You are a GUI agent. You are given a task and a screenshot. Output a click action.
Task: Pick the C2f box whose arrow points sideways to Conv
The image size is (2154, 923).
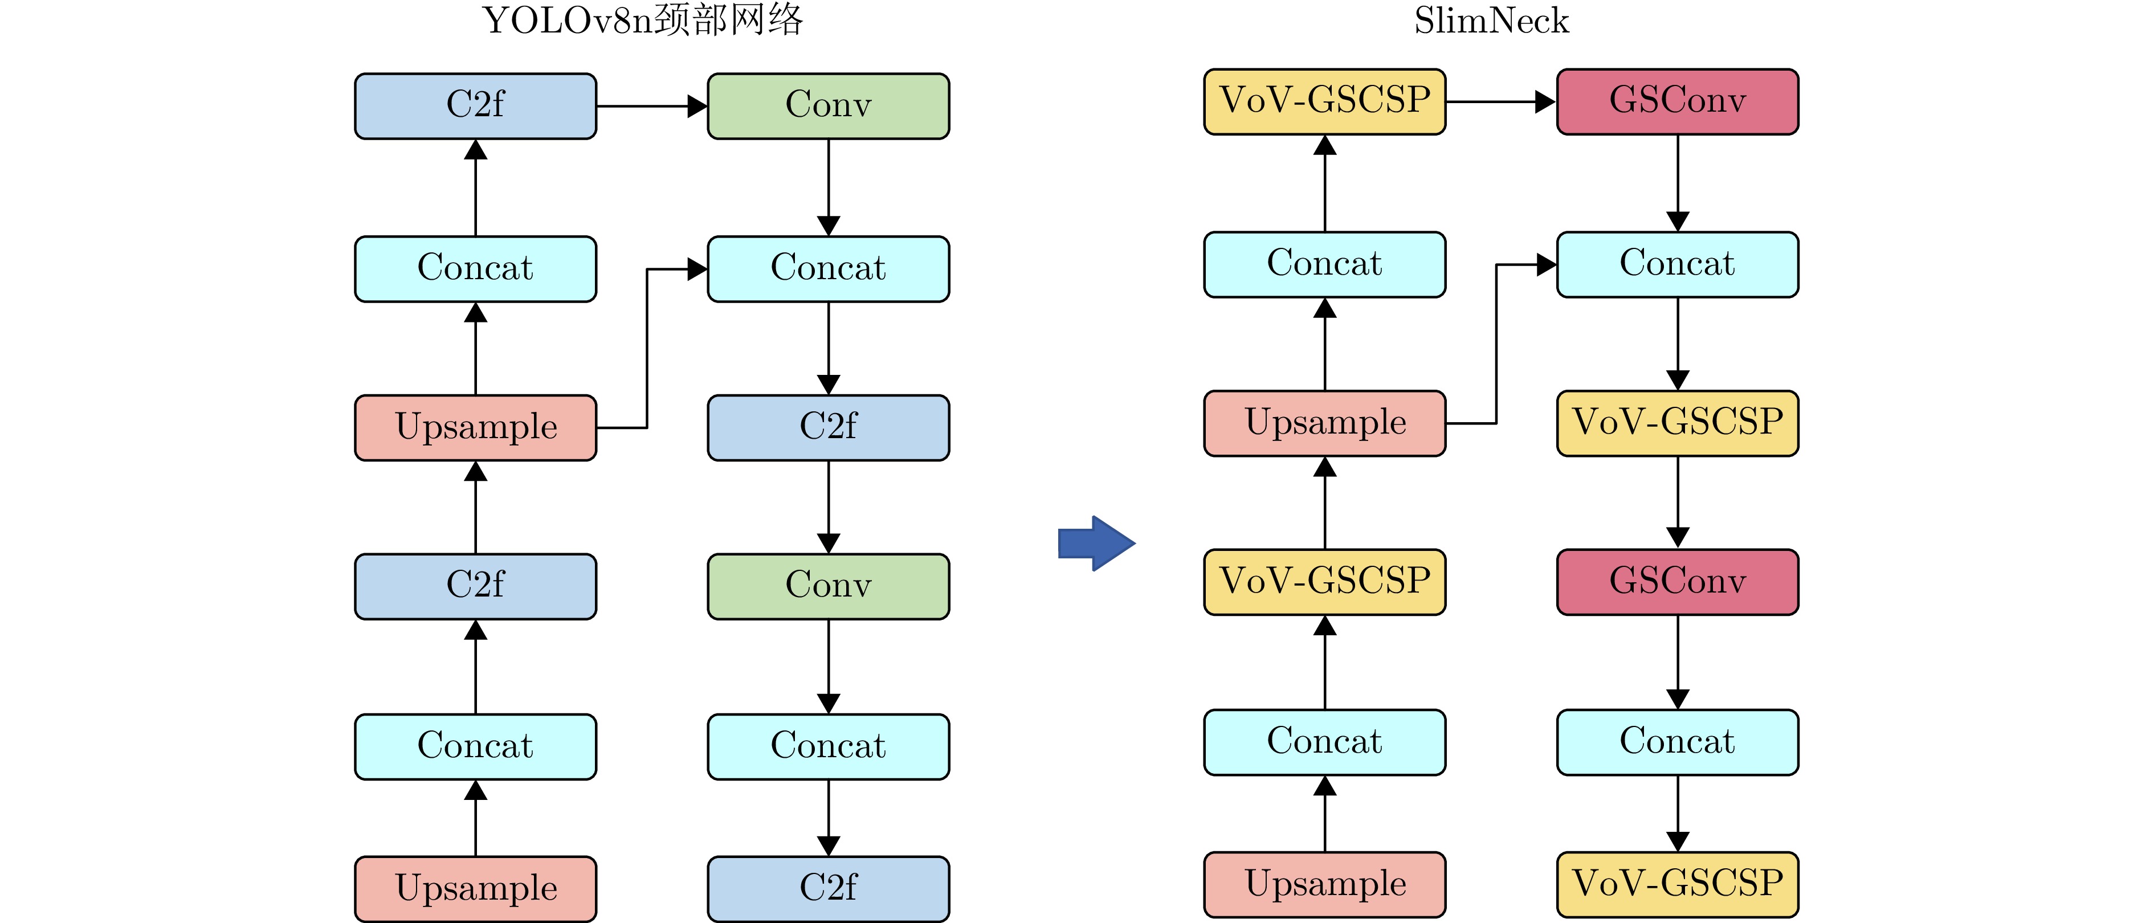(475, 106)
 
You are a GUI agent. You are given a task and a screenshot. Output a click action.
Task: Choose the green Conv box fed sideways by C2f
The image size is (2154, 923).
(828, 106)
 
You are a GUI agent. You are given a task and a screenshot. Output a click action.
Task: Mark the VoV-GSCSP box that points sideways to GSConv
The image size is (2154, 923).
(1324, 102)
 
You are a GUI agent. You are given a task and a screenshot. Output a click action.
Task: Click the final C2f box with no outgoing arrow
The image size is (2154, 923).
(828, 888)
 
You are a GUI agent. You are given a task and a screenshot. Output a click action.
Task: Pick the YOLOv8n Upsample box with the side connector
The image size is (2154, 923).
(475, 427)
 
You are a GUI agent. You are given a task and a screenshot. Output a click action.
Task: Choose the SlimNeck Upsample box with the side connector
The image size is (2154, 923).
(1324, 423)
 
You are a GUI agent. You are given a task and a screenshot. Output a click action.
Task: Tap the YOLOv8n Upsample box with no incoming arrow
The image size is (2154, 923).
(475, 888)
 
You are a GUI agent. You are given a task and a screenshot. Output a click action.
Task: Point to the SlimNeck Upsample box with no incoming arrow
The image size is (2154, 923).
(1324, 884)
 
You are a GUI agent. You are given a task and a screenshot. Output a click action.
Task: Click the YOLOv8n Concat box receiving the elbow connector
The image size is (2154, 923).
(828, 268)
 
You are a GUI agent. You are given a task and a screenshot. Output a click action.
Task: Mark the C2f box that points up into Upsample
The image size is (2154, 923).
(475, 586)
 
